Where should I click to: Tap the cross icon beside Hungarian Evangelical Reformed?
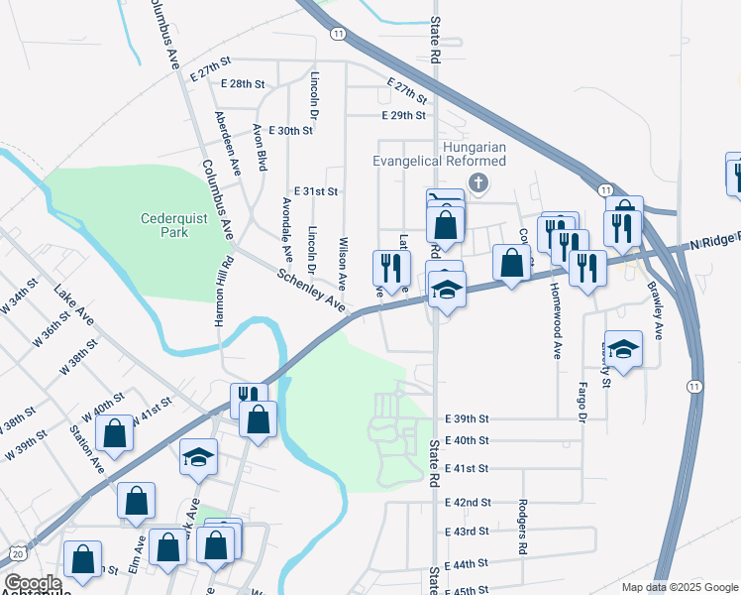click(479, 181)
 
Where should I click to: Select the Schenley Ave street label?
click(311, 292)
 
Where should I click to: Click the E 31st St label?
click(316, 191)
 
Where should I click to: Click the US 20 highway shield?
click(17, 551)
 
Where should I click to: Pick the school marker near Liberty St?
click(623, 349)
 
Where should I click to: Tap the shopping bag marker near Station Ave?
click(115, 434)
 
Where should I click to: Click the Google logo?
click(32, 583)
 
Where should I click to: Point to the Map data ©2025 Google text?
click(680, 587)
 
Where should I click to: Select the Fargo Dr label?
click(582, 400)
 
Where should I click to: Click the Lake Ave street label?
click(74, 306)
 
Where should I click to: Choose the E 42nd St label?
click(468, 503)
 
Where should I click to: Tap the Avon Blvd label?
click(261, 147)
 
